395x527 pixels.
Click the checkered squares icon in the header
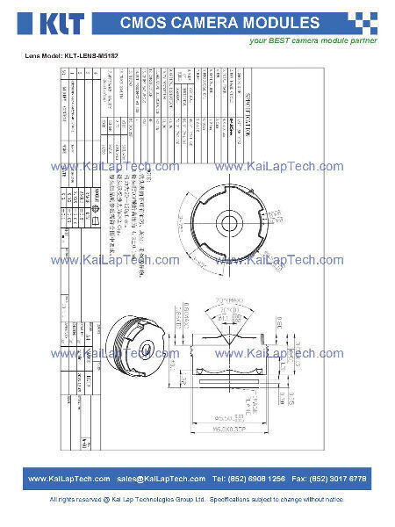point(363,23)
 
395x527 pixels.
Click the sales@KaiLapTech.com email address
point(161,479)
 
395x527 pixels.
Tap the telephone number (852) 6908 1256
point(248,479)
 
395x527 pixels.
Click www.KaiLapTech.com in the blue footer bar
point(69,479)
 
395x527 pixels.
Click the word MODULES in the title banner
point(285,23)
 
